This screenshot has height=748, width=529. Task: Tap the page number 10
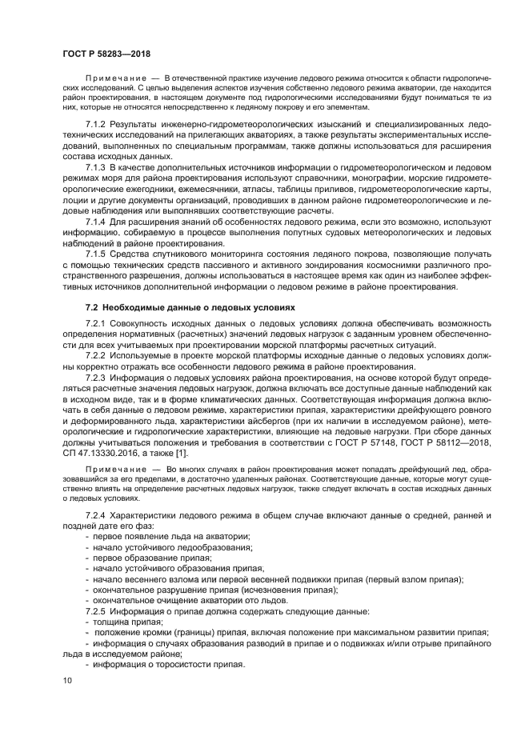[66, 680]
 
